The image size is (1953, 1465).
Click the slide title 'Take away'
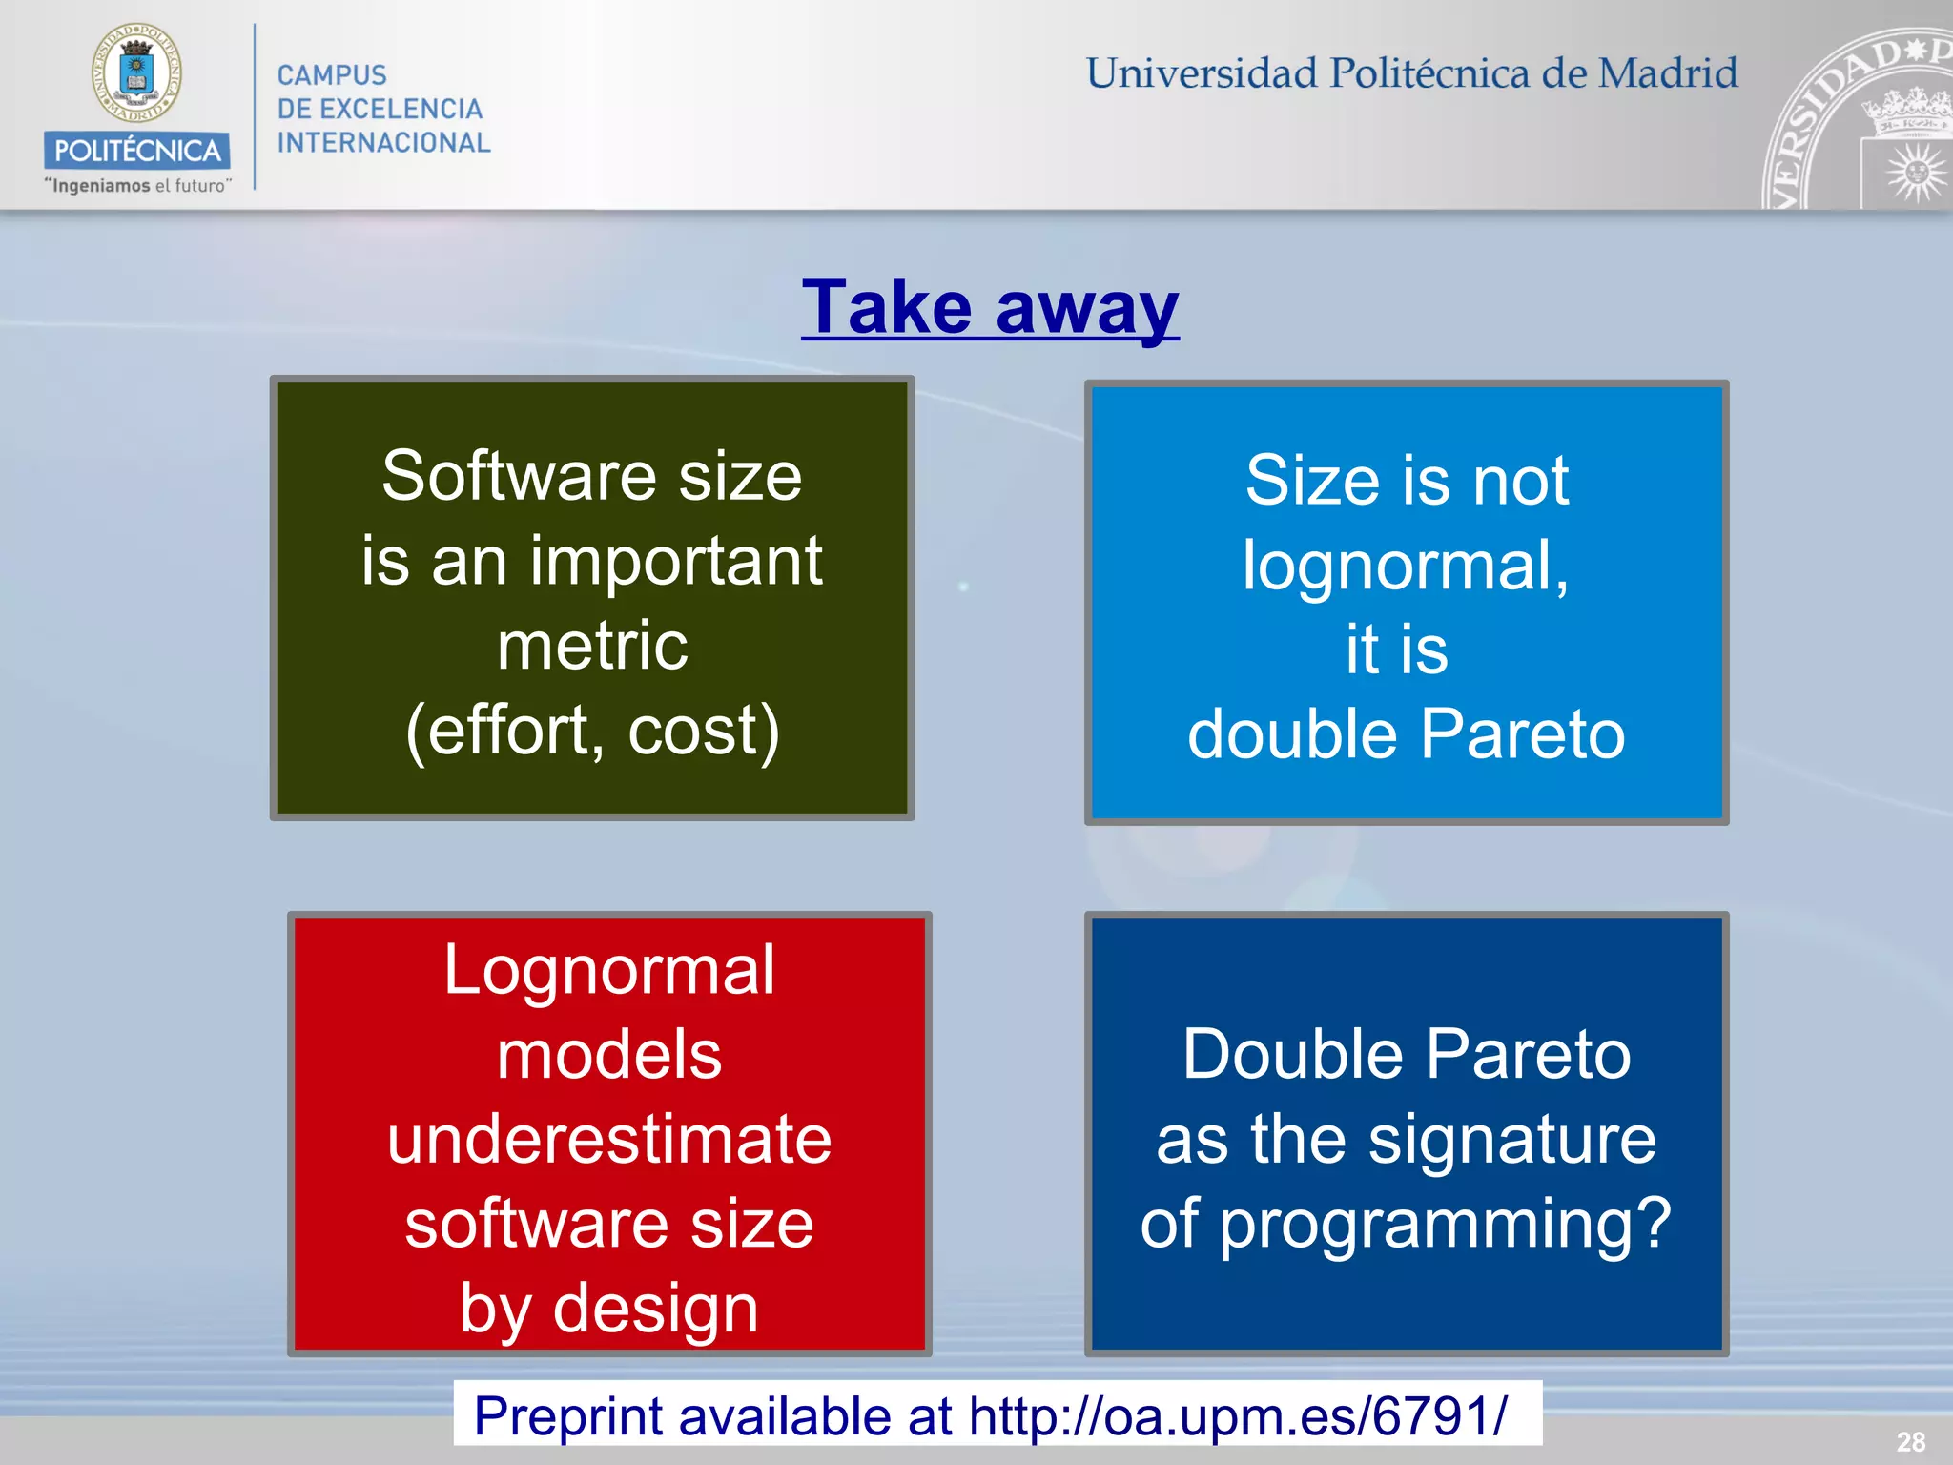990,307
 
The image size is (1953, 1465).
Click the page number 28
1910,1441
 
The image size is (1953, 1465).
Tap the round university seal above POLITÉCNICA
136,73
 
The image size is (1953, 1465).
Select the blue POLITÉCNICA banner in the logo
136,150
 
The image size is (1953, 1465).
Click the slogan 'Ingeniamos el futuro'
137,186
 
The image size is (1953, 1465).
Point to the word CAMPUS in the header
332,75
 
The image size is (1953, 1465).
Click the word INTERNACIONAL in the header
383,143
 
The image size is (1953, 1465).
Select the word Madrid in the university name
1668,73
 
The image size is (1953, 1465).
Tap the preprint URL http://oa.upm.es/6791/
1238,1415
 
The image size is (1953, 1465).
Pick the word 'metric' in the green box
592,646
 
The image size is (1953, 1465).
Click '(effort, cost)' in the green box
592,731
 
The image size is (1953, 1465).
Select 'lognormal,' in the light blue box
1406,566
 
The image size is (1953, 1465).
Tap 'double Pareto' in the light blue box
1406,734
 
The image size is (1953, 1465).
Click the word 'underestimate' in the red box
609,1139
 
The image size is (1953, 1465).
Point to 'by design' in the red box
609,1308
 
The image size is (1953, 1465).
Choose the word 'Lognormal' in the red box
609,970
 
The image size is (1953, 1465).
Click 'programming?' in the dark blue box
1446,1224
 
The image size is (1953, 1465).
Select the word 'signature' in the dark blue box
1512,1139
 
